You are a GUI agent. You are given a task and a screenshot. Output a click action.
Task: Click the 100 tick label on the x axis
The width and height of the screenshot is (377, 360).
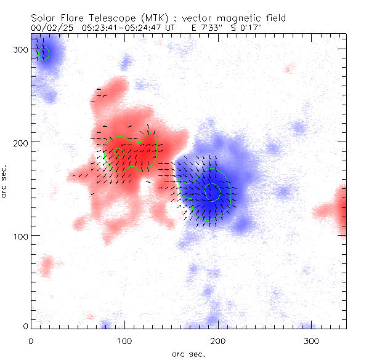pyautogui.click(x=124, y=340)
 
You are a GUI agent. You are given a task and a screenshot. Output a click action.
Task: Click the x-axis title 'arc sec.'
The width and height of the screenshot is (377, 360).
pyautogui.click(x=188, y=353)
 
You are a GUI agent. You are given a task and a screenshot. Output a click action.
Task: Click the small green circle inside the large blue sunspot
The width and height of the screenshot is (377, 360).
pyautogui.click(x=212, y=192)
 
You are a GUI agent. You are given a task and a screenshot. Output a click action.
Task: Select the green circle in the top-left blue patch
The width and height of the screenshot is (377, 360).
pyautogui.click(x=43, y=54)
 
